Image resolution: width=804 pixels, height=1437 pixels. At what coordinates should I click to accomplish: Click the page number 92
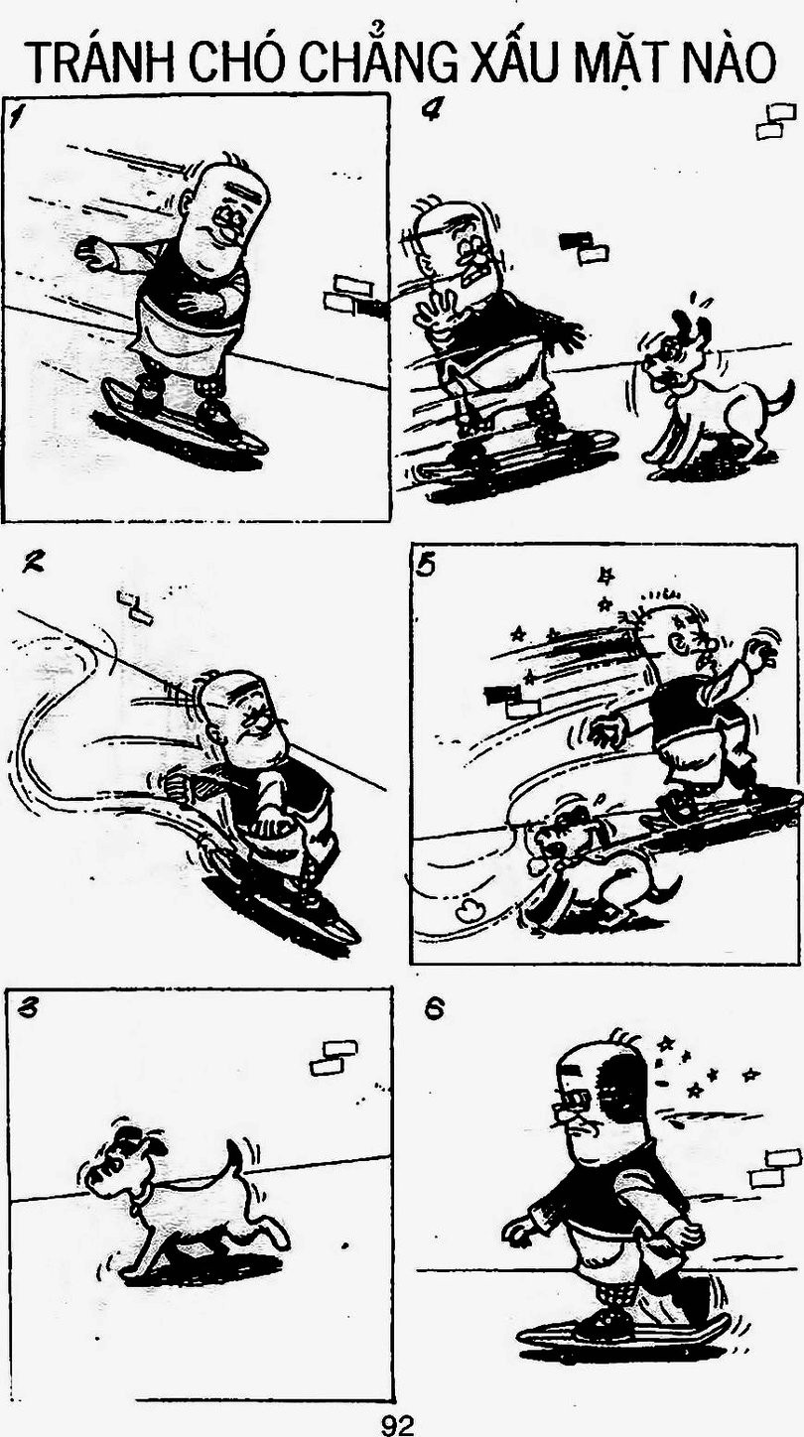pos(398,1424)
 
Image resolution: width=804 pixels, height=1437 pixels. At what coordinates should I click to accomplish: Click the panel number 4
pos(431,111)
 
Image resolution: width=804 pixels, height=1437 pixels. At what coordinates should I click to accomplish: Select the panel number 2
pos(31,564)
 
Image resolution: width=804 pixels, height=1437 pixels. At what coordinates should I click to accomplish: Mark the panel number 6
pos(435,1010)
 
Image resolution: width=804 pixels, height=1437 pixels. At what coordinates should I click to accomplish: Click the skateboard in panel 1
pos(184,417)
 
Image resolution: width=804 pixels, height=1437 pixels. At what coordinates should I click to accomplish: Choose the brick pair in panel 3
pos(334,1058)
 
